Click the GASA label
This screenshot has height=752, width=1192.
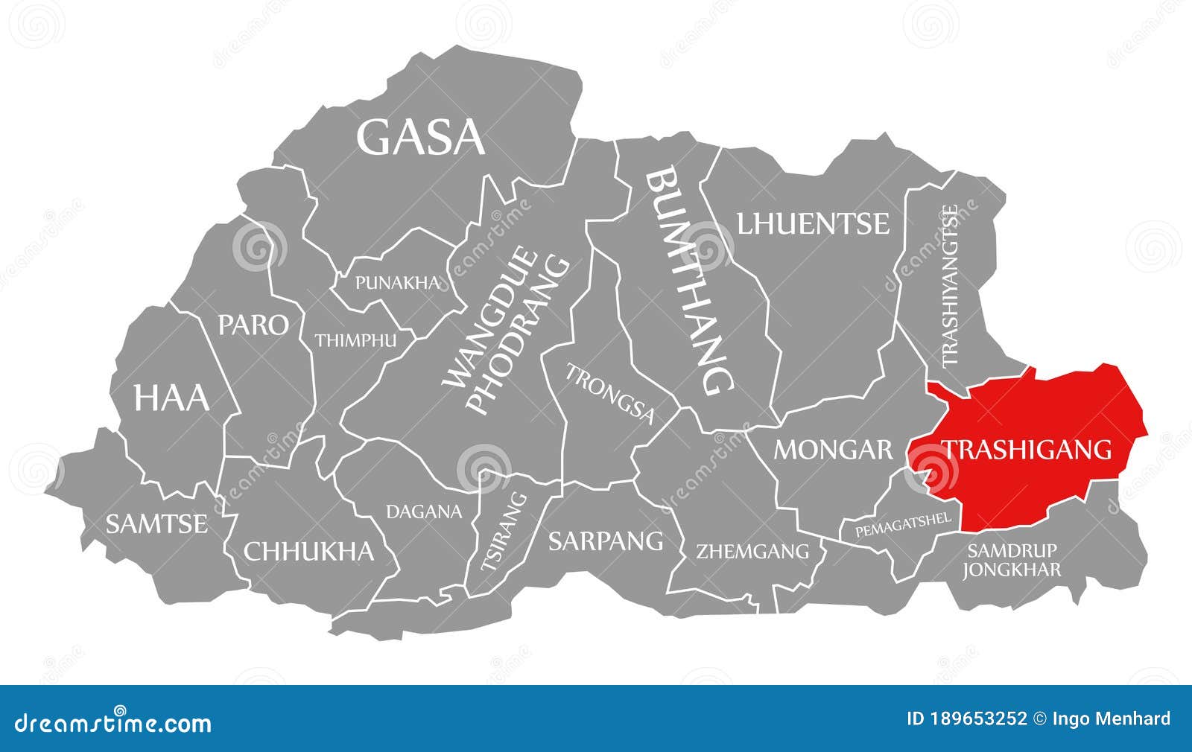click(x=421, y=137)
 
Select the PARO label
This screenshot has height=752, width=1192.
click(x=253, y=325)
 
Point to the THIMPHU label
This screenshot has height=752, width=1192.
click(x=355, y=340)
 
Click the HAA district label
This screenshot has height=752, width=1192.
click(x=171, y=398)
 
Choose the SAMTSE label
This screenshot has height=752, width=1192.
click(x=156, y=524)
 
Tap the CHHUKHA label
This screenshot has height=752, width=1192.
click(x=309, y=551)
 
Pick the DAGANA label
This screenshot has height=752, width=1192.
click(x=424, y=512)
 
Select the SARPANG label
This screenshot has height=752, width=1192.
click(x=606, y=541)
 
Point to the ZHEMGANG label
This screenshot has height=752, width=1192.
click(x=752, y=552)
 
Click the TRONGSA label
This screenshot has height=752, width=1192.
click(x=610, y=394)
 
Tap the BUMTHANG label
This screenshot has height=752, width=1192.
click(x=689, y=281)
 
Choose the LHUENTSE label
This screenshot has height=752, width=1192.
click(x=814, y=223)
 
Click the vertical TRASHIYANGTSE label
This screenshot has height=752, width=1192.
click(x=950, y=286)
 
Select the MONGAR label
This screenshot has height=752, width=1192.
click(x=833, y=449)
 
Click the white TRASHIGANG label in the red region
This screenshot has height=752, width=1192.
click(x=1027, y=449)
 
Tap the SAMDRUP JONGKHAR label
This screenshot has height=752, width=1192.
click(x=1011, y=561)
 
